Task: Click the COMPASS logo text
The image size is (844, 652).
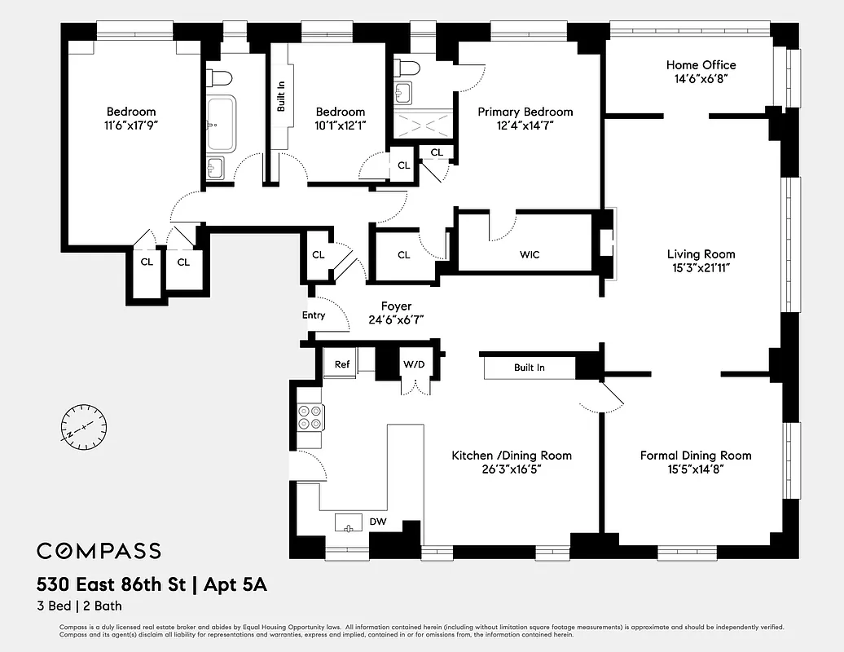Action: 99,551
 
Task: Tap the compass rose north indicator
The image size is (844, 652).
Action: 84,426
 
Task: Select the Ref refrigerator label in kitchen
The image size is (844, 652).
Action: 342,364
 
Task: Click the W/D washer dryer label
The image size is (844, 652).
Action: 413,364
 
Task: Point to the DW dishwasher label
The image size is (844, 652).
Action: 378,522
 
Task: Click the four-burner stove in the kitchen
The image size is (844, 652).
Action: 310,417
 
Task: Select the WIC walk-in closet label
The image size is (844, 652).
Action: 530,255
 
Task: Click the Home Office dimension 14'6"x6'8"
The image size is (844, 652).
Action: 701,80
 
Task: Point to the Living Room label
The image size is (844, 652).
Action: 701,254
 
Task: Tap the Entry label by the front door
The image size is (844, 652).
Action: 314,315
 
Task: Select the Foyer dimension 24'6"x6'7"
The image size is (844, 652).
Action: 396,321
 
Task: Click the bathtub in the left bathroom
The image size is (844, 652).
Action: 220,123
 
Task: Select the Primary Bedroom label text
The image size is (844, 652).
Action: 525,112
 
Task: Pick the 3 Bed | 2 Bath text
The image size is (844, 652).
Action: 79,606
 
